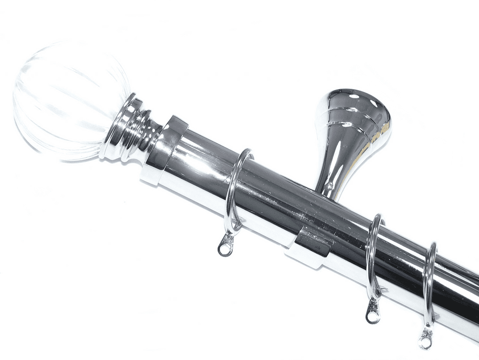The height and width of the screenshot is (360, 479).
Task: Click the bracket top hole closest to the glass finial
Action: pyautogui.click(x=355, y=96)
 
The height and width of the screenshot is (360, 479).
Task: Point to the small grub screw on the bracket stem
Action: pyautogui.click(x=330, y=186)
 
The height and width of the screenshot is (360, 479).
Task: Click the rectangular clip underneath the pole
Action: pyautogui.click(x=313, y=246)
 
